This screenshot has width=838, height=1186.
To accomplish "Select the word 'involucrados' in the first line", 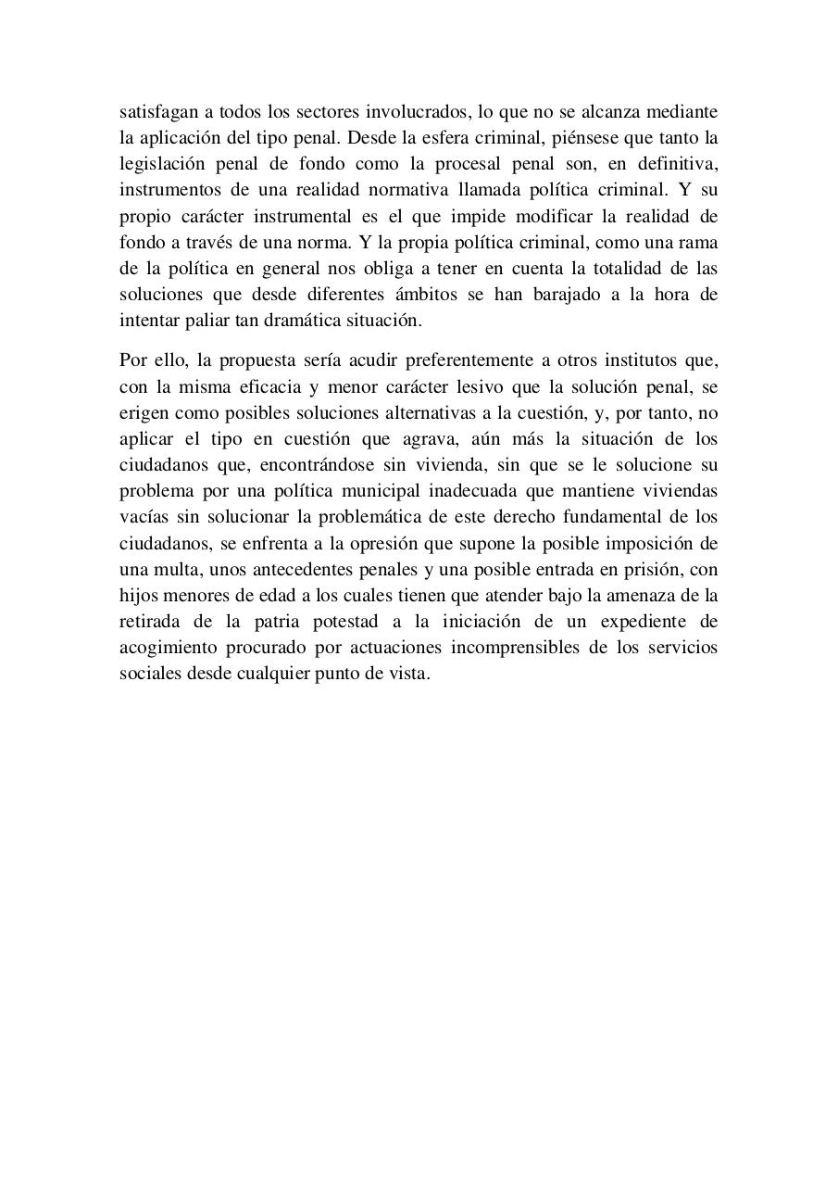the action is (417, 112).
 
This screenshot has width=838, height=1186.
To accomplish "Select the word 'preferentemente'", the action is (435, 360).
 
